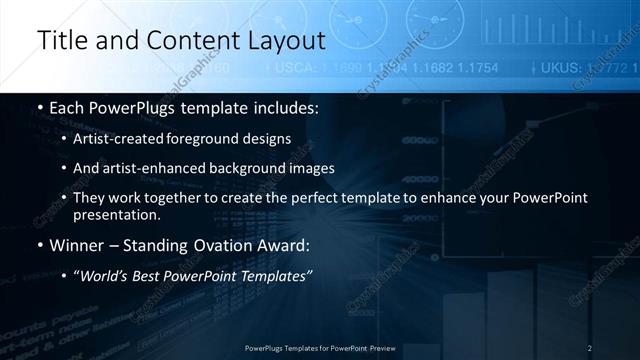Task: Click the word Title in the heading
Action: (x=62, y=41)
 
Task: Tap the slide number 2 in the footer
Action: (x=590, y=348)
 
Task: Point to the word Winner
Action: (x=78, y=245)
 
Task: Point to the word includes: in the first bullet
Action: (x=284, y=108)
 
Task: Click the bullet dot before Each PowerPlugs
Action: (x=39, y=108)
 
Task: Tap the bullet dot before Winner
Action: (x=39, y=245)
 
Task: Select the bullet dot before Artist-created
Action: (x=65, y=139)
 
